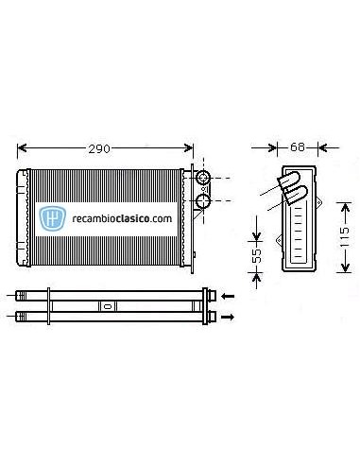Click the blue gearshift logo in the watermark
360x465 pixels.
pyautogui.click(x=54, y=216)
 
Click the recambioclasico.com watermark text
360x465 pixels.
pyautogui.click(x=120, y=217)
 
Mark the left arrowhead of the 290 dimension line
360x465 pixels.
pyautogui.click(x=24, y=148)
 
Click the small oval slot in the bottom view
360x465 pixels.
pyautogui.click(x=107, y=305)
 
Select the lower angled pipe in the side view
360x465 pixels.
pyautogui.click(x=295, y=196)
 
